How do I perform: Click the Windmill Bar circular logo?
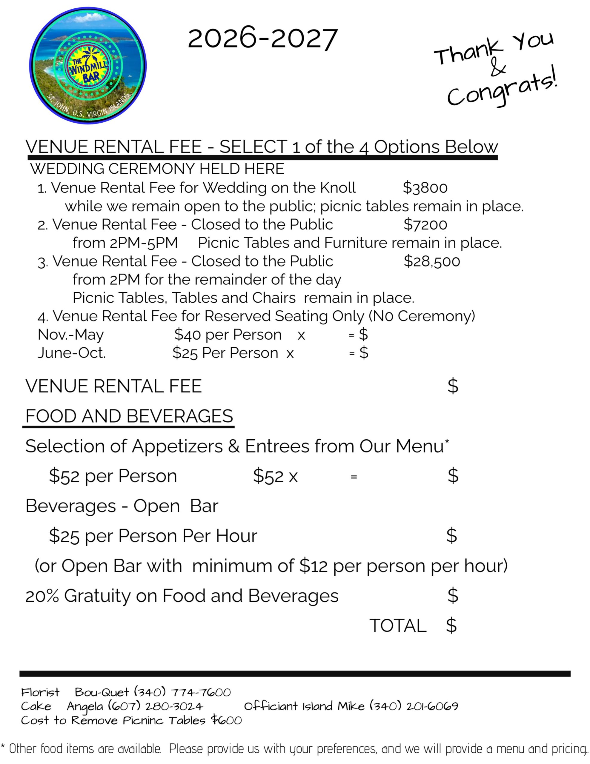88,65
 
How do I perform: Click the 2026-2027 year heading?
262,39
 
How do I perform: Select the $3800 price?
425,188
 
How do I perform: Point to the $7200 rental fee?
425,225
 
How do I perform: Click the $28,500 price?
431,261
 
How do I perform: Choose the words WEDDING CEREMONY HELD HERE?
157,169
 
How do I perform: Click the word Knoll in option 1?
338,188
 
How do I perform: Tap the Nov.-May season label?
70,335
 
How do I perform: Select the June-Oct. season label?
71,353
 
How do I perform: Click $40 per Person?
228,335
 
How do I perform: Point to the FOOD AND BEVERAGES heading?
129,416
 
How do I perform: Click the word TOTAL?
398,626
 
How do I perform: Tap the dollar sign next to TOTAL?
451,626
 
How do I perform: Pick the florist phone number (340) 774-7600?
183,692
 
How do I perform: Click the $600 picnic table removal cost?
226,720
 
